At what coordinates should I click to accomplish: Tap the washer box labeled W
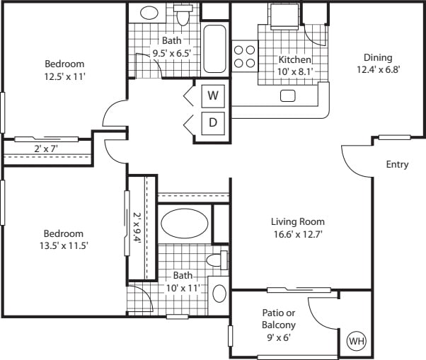click(x=212, y=95)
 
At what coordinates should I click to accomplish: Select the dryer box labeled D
click(x=212, y=123)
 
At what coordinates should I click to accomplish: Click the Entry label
click(x=397, y=165)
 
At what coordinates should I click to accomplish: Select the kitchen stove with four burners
click(x=244, y=56)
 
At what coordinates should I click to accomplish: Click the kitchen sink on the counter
click(x=288, y=95)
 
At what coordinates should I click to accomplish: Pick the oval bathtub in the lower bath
click(x=185, y=224)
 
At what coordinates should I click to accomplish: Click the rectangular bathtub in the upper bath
click(x=214, y=50)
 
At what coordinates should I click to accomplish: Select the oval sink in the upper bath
click(x=149, y=13)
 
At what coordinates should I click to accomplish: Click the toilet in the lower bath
click(x=217, y=260)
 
